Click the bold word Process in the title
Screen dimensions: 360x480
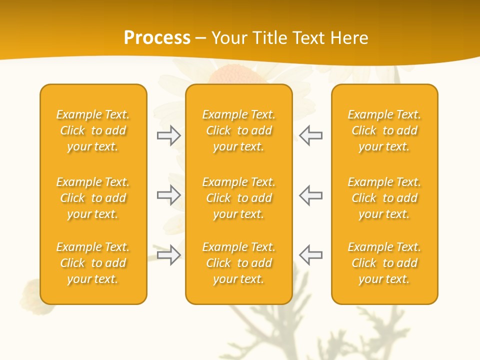point(157,38)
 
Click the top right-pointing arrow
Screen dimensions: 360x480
point(169,135)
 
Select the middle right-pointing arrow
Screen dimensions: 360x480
point(169,195)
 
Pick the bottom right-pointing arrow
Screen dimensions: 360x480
point(169,255)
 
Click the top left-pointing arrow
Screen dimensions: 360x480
point(310,135)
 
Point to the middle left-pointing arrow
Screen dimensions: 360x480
point(310,195)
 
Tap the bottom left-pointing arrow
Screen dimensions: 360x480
point(310,255)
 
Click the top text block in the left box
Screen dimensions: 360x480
point(93,130)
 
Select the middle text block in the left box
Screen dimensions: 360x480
point(93,198)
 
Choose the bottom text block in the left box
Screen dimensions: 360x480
point(93,263)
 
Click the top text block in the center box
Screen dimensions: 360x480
point(238,130)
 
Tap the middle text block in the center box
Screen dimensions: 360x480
point(238,198)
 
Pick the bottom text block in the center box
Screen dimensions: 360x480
point(238,263)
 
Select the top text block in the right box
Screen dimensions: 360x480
point(384,130)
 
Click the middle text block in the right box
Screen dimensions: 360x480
point(384,198)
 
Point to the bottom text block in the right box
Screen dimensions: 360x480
point(384,263)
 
